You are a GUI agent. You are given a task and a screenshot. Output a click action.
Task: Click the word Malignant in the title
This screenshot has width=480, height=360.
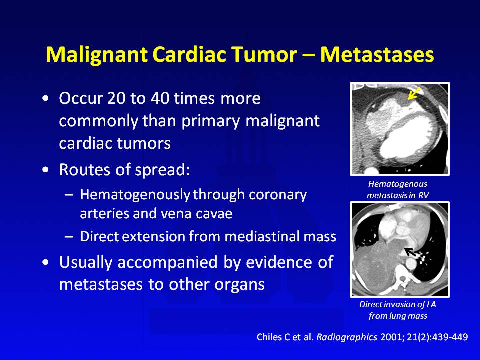tap(96, 55)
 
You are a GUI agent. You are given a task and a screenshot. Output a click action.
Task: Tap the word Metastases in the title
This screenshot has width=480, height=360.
tap(377, 55)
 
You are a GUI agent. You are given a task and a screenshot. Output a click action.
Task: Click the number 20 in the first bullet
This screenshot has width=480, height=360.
tap(116, 98)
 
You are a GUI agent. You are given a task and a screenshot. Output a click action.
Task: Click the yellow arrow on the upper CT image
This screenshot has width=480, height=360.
tap(414, 93)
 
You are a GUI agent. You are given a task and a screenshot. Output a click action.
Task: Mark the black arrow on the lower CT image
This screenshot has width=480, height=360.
tap(410, 252)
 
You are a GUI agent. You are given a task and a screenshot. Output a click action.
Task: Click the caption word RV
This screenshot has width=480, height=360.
tap(423, 195)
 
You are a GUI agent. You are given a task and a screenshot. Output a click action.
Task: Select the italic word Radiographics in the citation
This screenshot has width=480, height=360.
tap(347, 337)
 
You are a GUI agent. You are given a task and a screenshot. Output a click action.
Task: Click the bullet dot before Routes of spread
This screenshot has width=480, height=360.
tap(45, 170)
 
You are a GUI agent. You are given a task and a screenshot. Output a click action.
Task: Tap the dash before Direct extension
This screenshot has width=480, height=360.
tap(69, 237)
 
